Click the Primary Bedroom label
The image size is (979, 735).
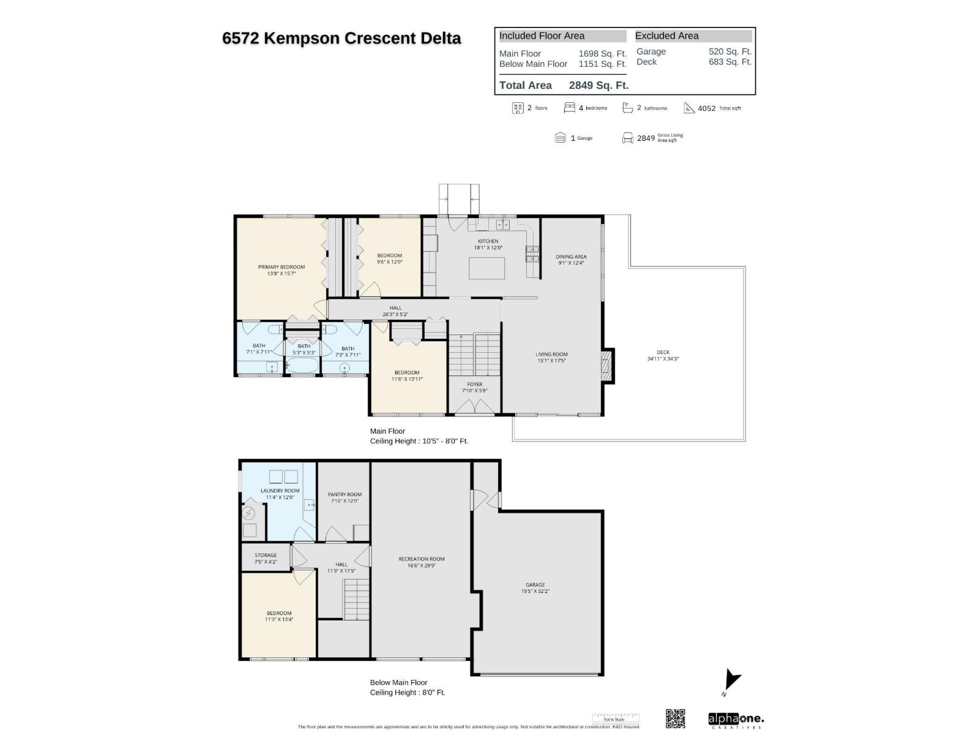click(281, 267)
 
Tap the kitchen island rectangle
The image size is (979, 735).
click(486, 268)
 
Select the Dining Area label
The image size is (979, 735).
click(571, 257)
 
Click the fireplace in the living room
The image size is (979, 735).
click(607, 366)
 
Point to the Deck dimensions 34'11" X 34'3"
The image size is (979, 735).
click(663, 359)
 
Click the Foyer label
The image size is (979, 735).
click(474, 385)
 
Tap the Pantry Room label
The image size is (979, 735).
click(344, 494)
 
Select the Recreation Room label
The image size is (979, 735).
click(421, 559)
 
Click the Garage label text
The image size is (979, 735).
click(535, 585)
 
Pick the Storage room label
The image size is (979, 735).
click(266, 555)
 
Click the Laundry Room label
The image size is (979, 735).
click(280, 491)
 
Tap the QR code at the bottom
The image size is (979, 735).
click(675, 718)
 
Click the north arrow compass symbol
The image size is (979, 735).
click(731, 681)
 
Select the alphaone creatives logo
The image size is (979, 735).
click(735, 720)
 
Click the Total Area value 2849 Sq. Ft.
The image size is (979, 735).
click(598, 86)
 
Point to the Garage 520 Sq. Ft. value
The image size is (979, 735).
click(729, 51)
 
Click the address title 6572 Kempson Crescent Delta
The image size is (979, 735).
click(341, 38)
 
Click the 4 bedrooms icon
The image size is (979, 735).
click(570, 108)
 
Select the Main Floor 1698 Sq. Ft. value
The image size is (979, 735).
click(602, 54)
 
